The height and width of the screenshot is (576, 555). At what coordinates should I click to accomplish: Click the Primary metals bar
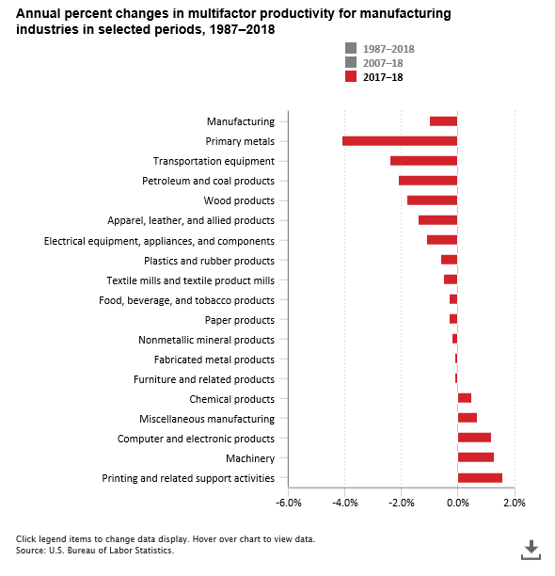coord(400,141)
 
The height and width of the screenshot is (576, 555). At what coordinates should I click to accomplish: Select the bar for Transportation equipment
coord(423,161)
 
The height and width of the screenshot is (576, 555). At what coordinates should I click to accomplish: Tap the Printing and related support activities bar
coord(480,478)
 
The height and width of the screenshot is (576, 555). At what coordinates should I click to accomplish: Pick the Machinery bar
coord(475,458)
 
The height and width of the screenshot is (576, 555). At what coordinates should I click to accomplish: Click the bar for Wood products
coord(432,200)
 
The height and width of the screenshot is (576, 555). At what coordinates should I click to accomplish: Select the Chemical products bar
coord(465,399)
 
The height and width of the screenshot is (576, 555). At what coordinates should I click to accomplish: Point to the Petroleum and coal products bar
coord(428,181)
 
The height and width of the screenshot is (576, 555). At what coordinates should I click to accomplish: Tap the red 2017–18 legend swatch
coord(351,77)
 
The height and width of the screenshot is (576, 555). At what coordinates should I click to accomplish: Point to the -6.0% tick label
coord(288,503)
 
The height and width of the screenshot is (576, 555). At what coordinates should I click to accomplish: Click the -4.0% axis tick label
coord(344,503)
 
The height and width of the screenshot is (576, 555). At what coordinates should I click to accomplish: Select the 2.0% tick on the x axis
coord(515,503)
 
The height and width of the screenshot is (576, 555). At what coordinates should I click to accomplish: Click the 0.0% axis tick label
coord(458,503)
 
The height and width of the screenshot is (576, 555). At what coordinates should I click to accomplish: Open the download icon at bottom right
coord(531,549)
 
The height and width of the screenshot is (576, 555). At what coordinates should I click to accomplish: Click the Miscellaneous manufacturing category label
coord(207,419)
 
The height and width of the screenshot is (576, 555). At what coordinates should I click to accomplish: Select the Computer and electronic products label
coord(196,439)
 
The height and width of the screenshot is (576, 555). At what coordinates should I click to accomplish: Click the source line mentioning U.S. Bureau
coord(95,551)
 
